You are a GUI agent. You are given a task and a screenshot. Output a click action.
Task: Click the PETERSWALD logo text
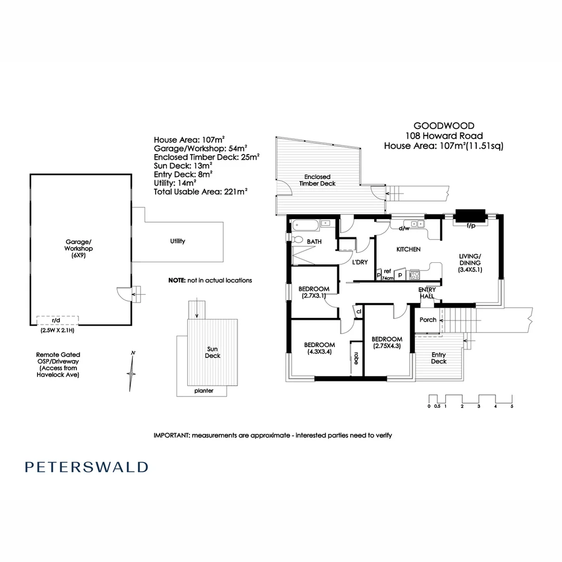coord(86,467)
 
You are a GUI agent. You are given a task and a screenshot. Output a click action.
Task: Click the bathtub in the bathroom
coord(305,225)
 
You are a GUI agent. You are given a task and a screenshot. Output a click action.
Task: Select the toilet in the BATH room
coord(297,239)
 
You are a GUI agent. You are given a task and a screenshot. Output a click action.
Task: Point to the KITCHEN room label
coord(408,250)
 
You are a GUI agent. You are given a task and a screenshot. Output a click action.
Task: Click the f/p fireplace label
coord(471,226)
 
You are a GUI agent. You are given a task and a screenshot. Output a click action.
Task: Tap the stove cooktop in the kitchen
coord(415,274)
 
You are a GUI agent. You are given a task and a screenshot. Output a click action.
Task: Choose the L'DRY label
coord(360,262)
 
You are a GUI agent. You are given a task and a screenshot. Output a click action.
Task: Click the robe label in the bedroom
coord(356,359)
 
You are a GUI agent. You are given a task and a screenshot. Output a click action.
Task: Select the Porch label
coord(428,320)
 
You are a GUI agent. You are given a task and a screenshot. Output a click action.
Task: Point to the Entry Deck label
coord(439,358)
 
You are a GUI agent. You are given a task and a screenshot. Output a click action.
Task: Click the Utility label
coord(177,241)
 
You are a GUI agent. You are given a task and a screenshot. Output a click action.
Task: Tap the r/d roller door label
coord(56,321)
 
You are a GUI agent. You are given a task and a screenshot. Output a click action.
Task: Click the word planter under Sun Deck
coord(203,391)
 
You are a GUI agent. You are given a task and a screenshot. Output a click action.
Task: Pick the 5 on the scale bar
coord(512,406)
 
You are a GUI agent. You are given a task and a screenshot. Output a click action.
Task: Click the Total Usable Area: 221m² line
coord(200,191)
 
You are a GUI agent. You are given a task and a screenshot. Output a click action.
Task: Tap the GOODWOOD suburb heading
coord(443,125)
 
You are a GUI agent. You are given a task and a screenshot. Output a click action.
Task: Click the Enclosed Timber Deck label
coord(317,180)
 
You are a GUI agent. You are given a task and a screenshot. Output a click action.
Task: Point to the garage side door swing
coord(123,295)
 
